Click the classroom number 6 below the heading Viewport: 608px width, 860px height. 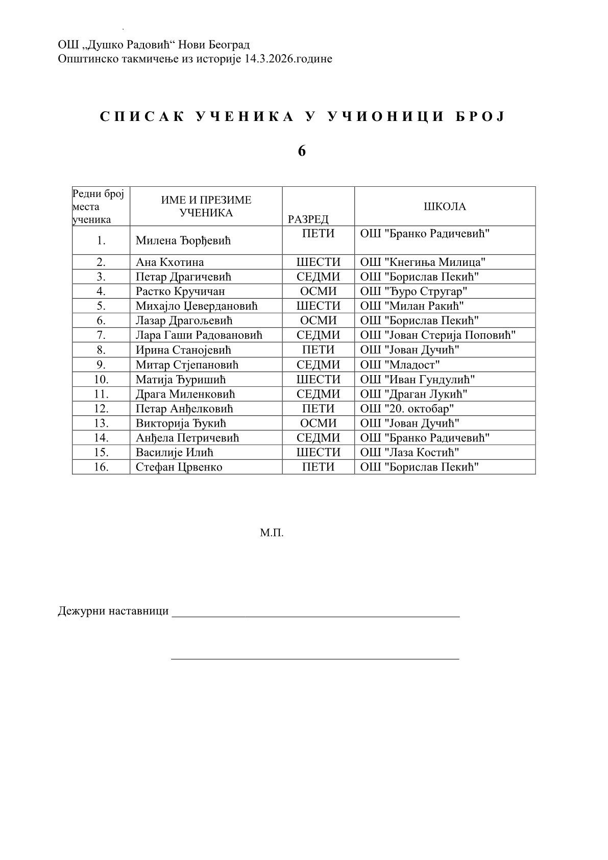click(302, 151)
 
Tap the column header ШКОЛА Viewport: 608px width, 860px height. click(445, 206)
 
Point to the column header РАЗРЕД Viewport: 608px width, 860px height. click(308, 219)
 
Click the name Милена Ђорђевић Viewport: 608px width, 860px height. click(183, 240)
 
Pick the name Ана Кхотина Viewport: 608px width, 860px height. click(169, 262)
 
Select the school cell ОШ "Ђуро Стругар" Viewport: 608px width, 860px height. click(414, 291)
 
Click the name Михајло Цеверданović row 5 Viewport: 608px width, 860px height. click(197, 306)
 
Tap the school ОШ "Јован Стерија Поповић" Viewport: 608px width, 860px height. click(438, 335)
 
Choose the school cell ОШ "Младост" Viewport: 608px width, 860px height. click(400, 365)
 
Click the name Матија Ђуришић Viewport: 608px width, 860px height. click(181, 380)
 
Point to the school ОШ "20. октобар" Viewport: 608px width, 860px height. click(407, 409)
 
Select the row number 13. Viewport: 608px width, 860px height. click(101, 424)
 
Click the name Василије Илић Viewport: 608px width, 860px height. click(174, 453)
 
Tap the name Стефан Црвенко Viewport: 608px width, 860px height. click(179, 468)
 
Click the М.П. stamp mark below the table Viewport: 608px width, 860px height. click(272, 533)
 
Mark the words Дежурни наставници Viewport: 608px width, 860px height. click(113, 611)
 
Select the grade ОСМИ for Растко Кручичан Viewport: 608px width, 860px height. click(318, 291)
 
